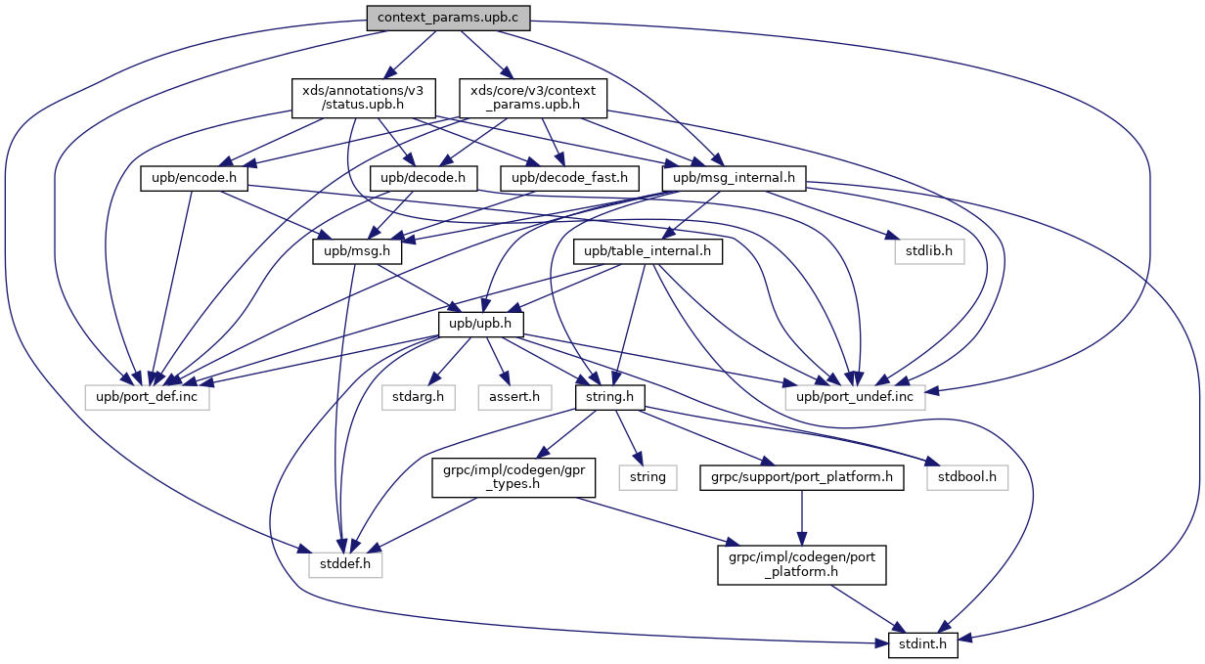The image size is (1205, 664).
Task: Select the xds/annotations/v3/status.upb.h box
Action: pos(348,97)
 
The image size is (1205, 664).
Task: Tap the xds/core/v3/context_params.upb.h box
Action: pos(534,97)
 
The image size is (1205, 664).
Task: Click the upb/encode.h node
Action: pos(195,179)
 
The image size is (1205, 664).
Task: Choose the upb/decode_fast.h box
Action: pos(570,179)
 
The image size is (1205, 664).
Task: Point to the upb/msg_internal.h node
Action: pos(734,179)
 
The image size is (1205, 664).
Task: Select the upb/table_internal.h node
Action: pos(647,251)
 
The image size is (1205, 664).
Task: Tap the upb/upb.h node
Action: pos(481,324)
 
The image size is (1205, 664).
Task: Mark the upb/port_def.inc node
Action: pos(147,397)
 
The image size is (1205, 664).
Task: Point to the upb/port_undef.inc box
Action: pos(854,397)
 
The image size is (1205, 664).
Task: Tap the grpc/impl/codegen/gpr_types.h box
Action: pos(501,478)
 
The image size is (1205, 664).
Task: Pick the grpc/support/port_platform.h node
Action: pos(801,478)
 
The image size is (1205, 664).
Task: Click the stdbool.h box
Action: pos(967,478)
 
